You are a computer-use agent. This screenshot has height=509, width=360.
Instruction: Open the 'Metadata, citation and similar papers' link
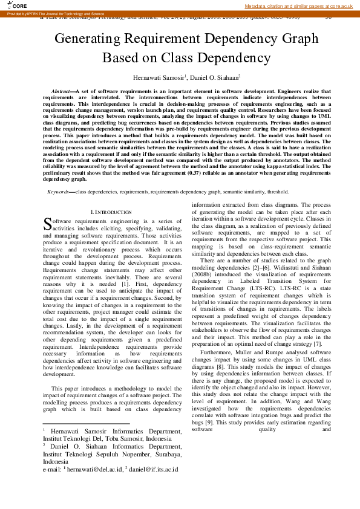[298, 5]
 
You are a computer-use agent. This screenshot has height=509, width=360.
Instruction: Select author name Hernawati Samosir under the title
[158, 78]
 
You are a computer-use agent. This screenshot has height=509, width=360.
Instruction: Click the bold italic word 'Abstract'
[61, 90]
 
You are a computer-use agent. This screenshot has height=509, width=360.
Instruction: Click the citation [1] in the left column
[125, 284]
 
